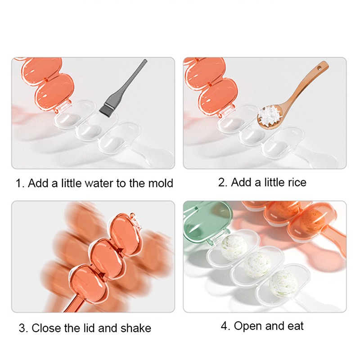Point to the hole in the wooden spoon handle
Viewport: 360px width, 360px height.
pyautogui.click(x=319, y=68)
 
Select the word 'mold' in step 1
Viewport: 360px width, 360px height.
pyautogui.click(x=161, y=183)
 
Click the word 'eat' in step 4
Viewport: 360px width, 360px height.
pyautogui.click(x=296, y=326)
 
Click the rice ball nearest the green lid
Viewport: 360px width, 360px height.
pyautogui.click(x=234, y=247)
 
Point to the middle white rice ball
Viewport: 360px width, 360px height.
pyautogui.click(x=257, y=265)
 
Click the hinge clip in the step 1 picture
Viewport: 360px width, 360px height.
pyautogui.click(x=63, y=106)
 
